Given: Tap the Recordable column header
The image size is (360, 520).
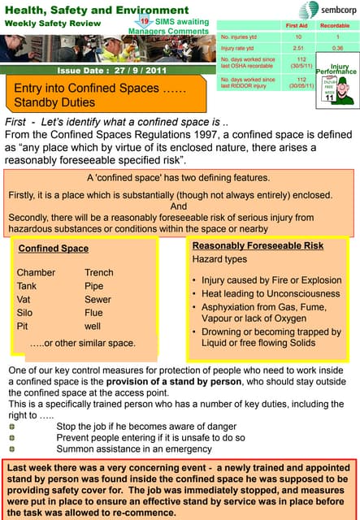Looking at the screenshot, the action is click(x=336, y=26).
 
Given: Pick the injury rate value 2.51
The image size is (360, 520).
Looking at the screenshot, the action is click(x=298, y=48).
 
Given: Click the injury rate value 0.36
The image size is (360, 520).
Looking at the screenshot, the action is click(x=337, y=48).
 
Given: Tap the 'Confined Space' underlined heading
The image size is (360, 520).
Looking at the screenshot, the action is click(x=53, y=248).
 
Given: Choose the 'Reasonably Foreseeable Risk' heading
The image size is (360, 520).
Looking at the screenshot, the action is click(x=258, y=245).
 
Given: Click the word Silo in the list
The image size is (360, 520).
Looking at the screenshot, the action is click(x=25, y=312).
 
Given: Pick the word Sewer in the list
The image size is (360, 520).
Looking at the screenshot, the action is click(x=98, y=299).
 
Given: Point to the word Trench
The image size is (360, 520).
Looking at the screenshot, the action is click(x=99, y=272).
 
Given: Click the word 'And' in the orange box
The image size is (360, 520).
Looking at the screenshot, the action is click(x=179, y=206).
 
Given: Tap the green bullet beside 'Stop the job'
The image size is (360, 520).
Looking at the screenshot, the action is click(x=12, y=426).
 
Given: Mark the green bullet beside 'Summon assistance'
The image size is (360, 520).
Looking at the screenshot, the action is click(x=12, y=448).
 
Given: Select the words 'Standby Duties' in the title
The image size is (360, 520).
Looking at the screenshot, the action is click(x=54, y=102).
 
